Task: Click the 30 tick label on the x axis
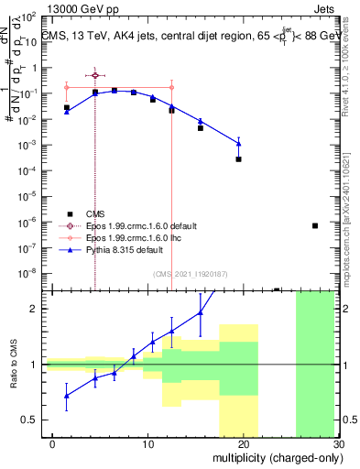click(340, 443)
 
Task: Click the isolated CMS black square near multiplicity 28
click(314, 225)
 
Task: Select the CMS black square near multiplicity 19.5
click(238, 159)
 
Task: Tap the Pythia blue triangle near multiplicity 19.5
click(238, 142)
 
